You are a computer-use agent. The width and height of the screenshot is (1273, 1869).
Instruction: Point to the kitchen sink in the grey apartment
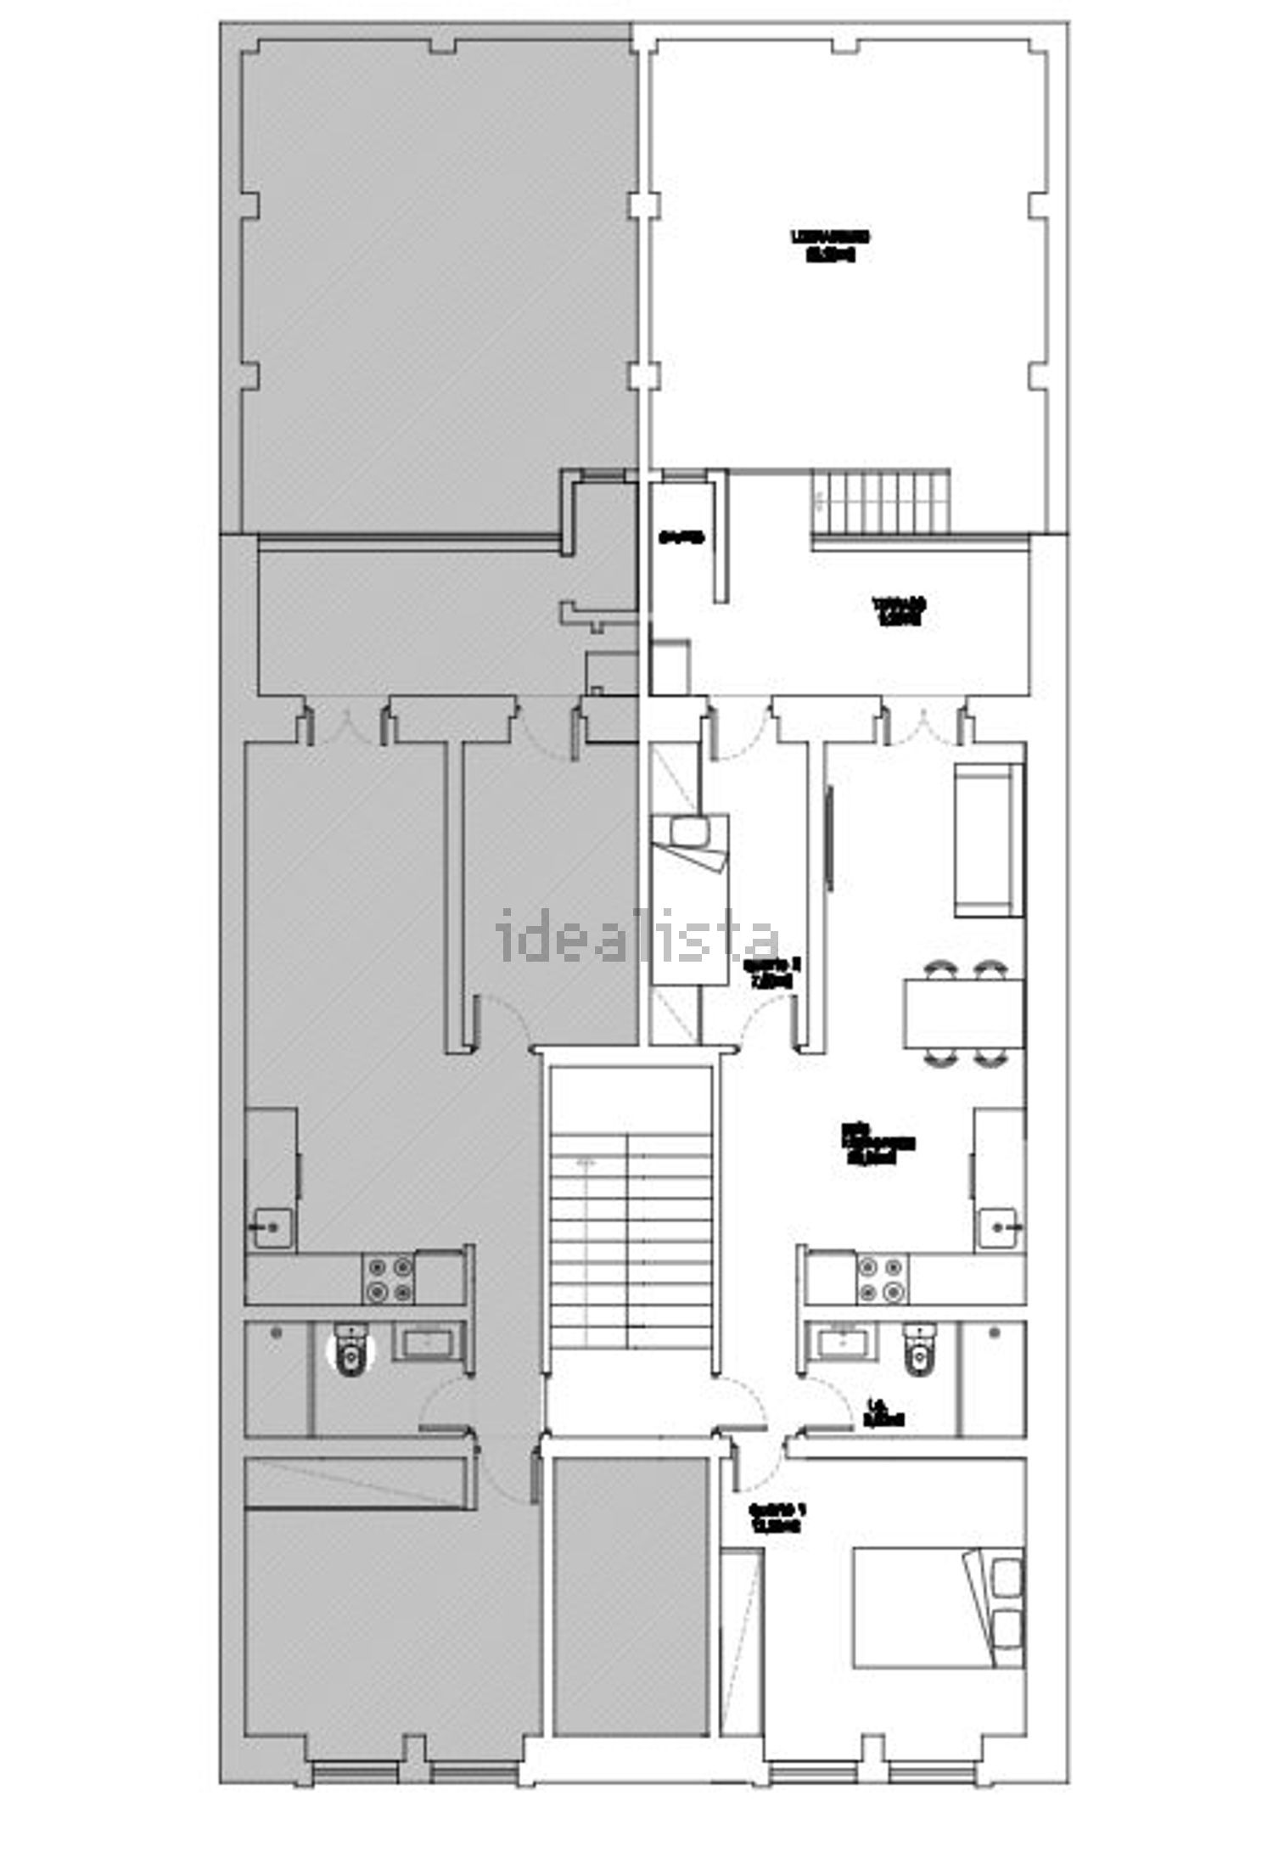(271, 1226)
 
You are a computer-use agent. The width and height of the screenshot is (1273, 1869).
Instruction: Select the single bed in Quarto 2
(689, 900)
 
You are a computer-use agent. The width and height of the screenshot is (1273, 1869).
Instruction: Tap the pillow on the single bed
(689, 829)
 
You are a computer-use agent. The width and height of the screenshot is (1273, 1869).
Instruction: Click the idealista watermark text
(636, 933)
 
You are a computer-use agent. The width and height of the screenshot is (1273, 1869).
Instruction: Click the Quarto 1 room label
(776, 1518)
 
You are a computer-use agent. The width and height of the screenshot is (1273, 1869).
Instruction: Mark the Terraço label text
(899, 611)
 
